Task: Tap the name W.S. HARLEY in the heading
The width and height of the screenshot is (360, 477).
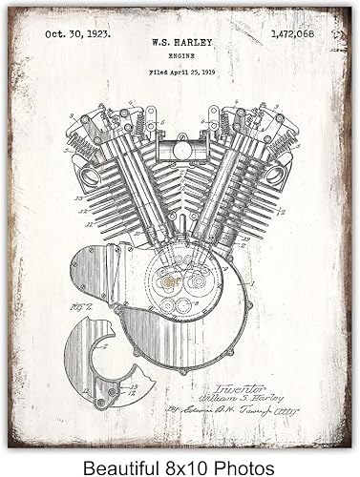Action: click(180, 42)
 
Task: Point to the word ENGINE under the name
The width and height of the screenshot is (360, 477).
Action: click(180, 56)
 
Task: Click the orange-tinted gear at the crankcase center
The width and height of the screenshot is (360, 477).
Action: click(168, 283)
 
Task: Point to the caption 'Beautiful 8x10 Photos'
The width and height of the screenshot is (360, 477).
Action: click(180, 456)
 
